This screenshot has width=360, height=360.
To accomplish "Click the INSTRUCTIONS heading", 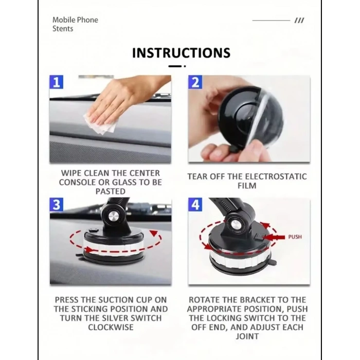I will pyautogui.click(x=181, y=53).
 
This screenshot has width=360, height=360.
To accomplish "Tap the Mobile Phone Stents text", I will pyautogui.click(x=75, y=24).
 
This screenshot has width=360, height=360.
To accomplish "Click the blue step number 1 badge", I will pyautogui.click(x=57, y=82).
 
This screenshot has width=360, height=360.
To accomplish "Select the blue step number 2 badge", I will pyautogui.click(x=195, y=82).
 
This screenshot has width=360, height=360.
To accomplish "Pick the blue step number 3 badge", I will pyautogui.click(x=57, y=205).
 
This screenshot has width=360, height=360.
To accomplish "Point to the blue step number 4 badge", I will pyautogui.click(x=195, y=205).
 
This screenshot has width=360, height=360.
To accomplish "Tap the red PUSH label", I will pyautogui.click(x=295, y=237).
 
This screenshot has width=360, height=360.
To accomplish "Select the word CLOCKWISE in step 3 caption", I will pyautogui.click(x=111, y=327).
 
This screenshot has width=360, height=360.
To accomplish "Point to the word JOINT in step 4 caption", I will pyautogui.click(x=247, y=336).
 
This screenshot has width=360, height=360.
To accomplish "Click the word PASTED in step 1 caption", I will pyautogui.click(x=111, y=191).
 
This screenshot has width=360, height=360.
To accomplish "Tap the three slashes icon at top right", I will pyautogui.click(x=299, y=21).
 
